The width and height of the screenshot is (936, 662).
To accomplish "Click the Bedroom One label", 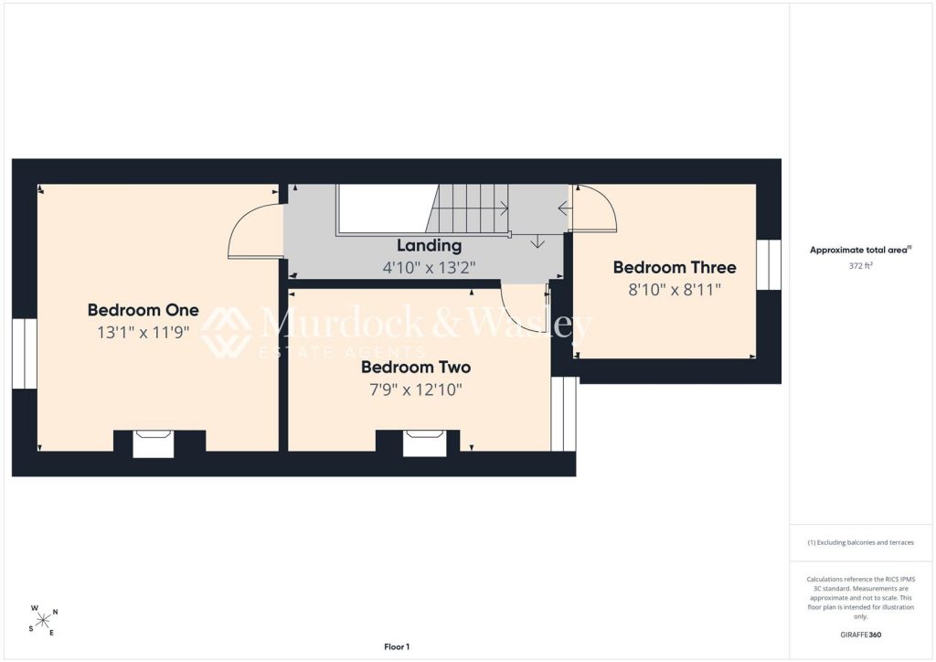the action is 144,310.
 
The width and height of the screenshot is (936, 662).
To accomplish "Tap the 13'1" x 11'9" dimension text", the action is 144,333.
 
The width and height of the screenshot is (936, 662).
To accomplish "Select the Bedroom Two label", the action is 416,367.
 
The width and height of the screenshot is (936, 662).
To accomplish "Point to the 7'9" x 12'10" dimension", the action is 416,390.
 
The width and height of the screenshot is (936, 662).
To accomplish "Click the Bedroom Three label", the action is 675,267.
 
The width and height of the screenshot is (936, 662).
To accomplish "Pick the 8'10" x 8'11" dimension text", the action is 675,290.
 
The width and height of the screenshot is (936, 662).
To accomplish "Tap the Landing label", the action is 430,245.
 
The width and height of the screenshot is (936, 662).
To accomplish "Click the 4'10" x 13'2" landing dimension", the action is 430,267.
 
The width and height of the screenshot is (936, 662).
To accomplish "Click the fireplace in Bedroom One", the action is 154,444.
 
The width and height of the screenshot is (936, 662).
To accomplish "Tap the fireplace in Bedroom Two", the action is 424,443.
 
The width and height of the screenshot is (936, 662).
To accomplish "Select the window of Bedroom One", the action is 25,354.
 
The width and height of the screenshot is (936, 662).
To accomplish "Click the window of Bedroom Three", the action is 769,265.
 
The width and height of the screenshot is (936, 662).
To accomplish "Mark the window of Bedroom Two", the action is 563,413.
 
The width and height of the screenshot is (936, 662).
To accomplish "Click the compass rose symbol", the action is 43,621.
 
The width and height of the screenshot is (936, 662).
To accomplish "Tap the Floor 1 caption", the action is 397,646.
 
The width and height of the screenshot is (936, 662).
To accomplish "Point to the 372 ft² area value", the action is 860,266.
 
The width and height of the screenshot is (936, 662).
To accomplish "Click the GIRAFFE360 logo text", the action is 860,635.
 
